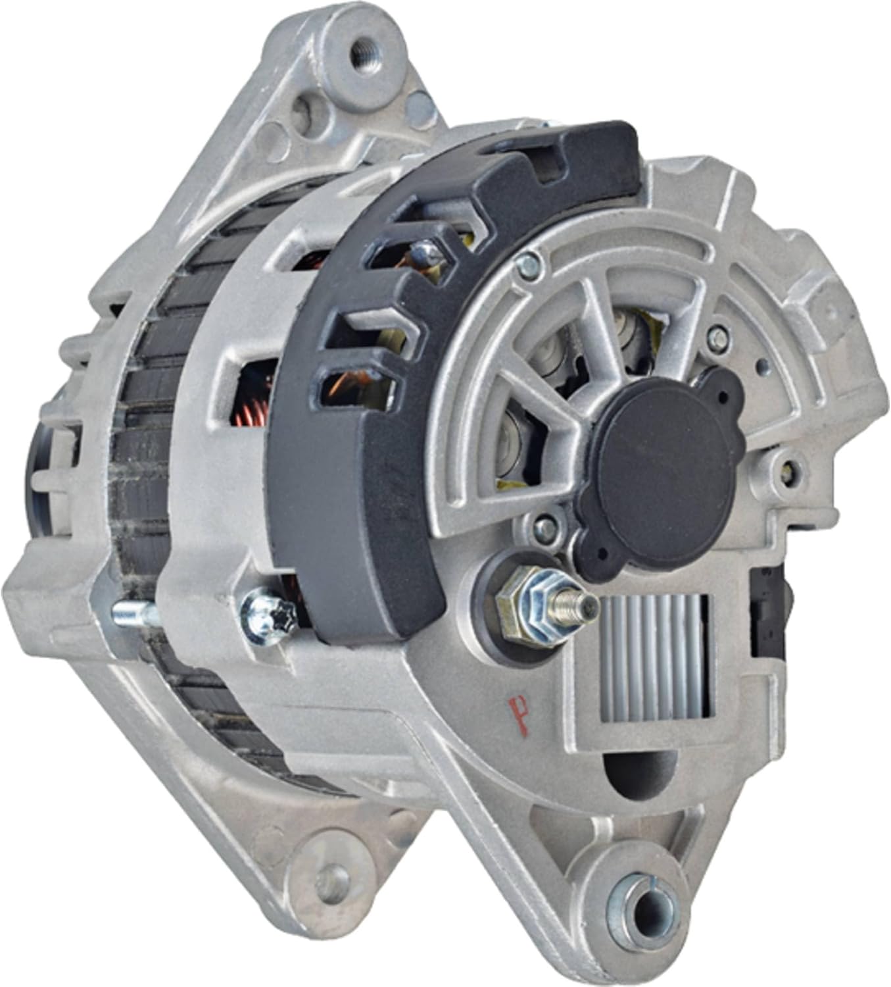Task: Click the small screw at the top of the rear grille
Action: coord(527,265)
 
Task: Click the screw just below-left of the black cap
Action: coord(544,524)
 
